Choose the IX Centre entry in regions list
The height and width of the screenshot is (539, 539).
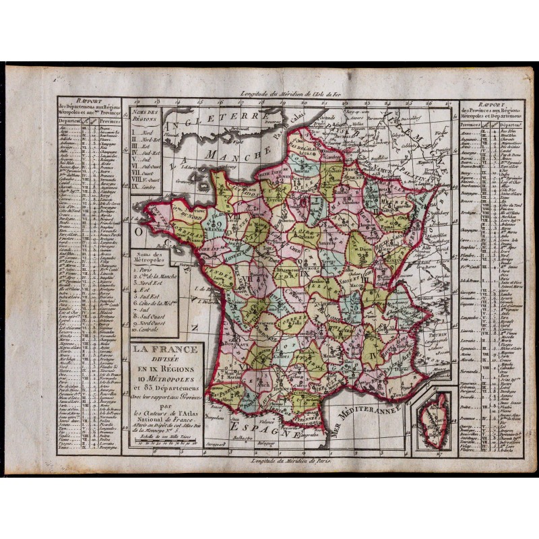coord(145,183)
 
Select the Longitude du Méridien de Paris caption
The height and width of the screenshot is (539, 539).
coord(290,460)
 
